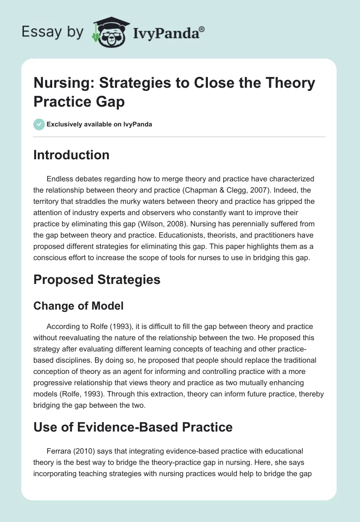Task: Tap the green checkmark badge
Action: [39, 124]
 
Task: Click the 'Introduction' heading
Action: [71, 155]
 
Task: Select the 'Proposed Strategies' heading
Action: [97, 279]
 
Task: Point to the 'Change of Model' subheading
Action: [78, 306]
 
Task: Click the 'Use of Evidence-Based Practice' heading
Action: [133, 427]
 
